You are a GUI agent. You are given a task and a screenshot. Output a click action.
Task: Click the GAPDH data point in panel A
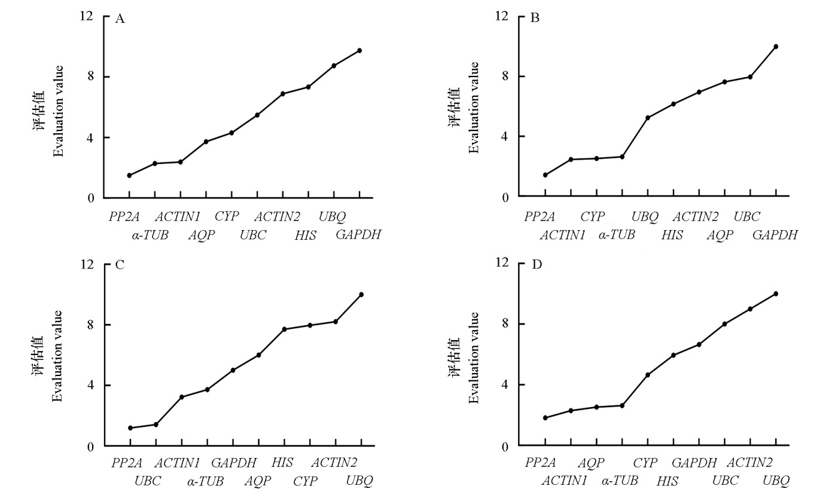pos(359,50)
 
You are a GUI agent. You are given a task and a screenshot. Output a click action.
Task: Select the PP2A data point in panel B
pos(545,175)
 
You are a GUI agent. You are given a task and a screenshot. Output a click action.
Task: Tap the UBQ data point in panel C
pos(361,294)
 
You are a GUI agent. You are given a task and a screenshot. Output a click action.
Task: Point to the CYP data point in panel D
pos(648,375)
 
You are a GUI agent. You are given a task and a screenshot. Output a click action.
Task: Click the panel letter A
pos(120,19)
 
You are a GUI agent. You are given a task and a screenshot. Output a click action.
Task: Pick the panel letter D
pos(537,264)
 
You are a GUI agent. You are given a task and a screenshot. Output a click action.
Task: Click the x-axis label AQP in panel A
pos(201,235)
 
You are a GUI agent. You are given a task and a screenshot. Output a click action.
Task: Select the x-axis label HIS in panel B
pos(672,235)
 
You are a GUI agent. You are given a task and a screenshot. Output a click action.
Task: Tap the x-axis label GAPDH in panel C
pos(234,463)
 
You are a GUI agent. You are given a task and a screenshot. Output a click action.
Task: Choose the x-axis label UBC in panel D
pos(726,481)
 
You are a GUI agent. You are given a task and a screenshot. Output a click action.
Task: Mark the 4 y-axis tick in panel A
pos(90,138)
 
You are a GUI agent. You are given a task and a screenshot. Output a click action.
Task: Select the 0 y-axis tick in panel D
pos(506,446)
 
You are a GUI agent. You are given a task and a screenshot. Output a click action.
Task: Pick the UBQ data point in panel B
pos(648,117)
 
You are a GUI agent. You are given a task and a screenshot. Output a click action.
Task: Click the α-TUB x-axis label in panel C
pos(205,481)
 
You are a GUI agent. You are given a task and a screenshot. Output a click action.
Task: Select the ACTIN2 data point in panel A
pos(282,94)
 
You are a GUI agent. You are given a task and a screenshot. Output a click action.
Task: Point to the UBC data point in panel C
pos(156,424)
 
